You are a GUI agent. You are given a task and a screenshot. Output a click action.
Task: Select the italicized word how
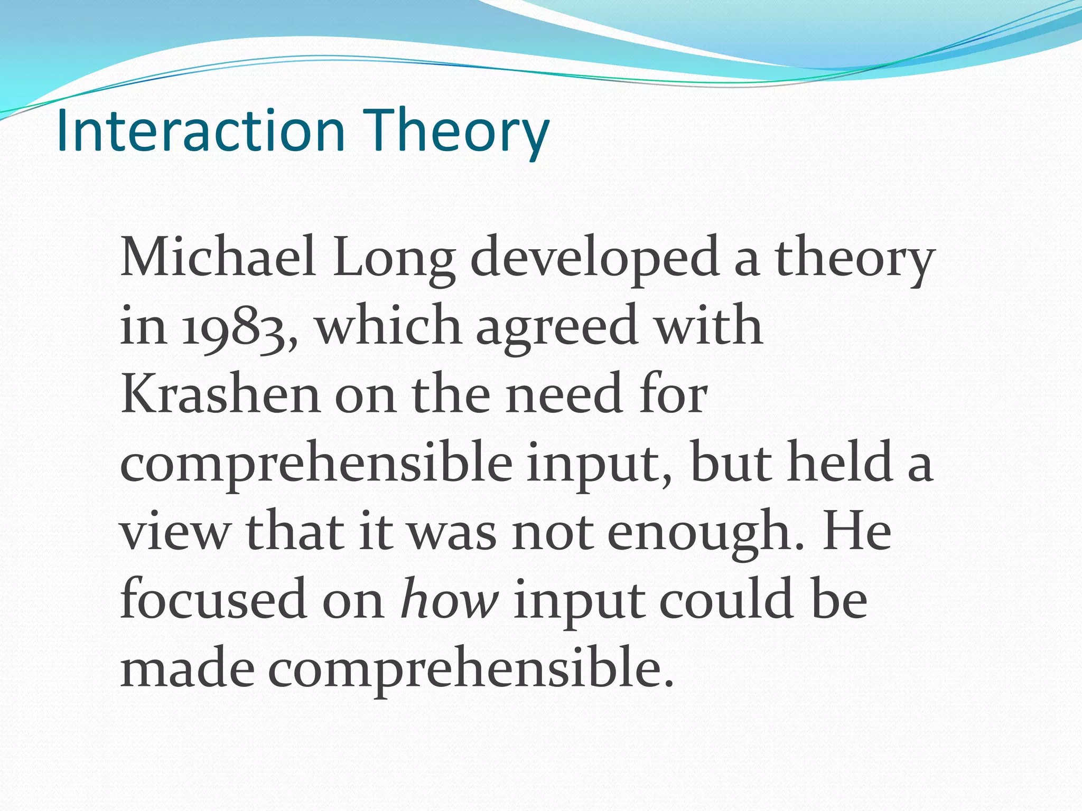click(x=449, y=599)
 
